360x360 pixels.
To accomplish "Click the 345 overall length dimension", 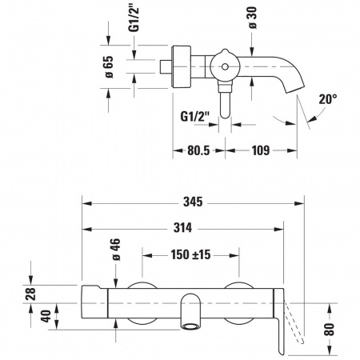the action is click(x=193, y=202).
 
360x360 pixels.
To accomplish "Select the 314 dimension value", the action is click(x=182, y=228).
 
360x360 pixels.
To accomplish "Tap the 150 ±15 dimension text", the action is click(x=190, y=254).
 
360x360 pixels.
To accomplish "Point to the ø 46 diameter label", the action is click(x=116, y=250).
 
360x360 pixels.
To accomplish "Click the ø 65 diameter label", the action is click(x=109, y=67).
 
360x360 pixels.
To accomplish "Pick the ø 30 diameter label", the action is click(x=253, y=18).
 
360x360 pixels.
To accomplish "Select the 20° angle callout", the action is click(x=328, y=99).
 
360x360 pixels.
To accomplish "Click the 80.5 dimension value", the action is click(x=198, y=150).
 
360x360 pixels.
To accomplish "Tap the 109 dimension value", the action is click(x=261, y=150).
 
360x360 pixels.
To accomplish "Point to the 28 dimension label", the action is click(x=30, y=294).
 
